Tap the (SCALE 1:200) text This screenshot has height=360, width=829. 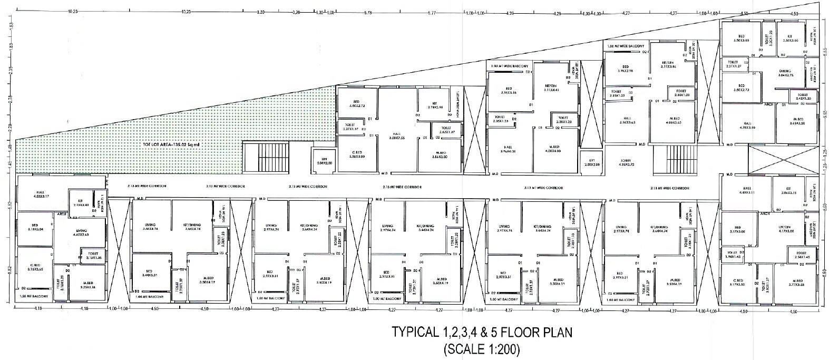click(x=482, y=348)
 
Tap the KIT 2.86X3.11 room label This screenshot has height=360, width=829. click(x=789, y=191)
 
